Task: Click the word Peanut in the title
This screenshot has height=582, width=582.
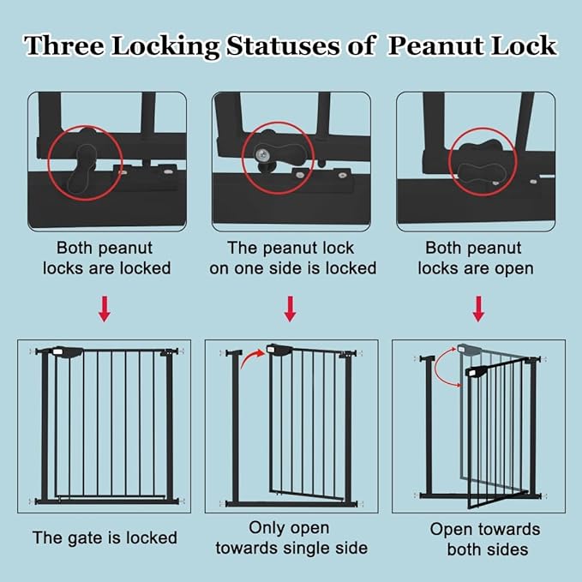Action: tap(440, 45)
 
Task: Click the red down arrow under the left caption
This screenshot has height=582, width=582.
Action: tap(104, 309)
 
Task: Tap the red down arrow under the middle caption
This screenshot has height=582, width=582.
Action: tap(290, 309)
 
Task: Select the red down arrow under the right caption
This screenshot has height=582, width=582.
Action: tap(478, 309)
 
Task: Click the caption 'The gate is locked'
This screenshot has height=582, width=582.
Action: tap(105, 538)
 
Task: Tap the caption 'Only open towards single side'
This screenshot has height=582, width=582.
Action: tap(290, 537)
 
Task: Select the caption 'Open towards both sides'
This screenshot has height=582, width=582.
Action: tap(485, 539)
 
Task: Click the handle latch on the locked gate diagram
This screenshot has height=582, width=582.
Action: tap(67, 351)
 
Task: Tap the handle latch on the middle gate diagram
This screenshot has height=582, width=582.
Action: tap(281, 349)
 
